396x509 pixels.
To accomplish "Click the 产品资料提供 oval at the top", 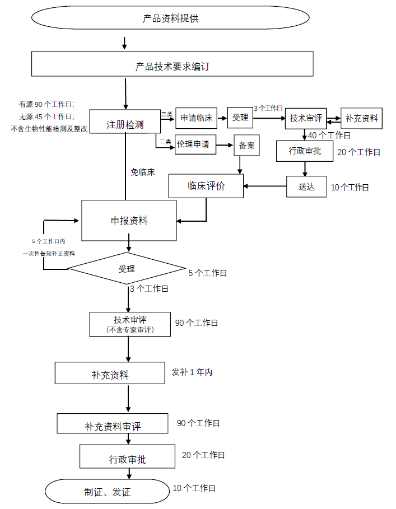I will click(x=171, y=18).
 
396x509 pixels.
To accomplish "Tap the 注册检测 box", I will click(x=125, y=124).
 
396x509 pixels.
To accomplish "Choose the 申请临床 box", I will click(x=196, y=118).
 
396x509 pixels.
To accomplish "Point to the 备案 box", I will click(x=246, y=146).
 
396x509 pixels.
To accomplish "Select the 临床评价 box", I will click(x=206, y=186).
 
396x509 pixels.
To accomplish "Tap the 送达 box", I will click(x=306, y=186).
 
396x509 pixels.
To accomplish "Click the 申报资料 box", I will click(x=129, y=220).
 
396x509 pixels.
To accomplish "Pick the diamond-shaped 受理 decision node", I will click(x=127, y=269).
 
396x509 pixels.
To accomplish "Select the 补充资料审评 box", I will click(x=113, y=426).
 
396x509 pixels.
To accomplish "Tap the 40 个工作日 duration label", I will click(x=329, y=136).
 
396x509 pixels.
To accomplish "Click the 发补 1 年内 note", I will click(x=192, y=372).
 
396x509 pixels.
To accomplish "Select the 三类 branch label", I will click(x=166, y=114).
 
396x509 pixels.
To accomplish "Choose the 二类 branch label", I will click(x=165, y=142).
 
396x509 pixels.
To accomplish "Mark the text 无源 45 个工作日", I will click(x=46, y=116).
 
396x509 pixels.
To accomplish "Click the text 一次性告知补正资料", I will click(x=49, y=253).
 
